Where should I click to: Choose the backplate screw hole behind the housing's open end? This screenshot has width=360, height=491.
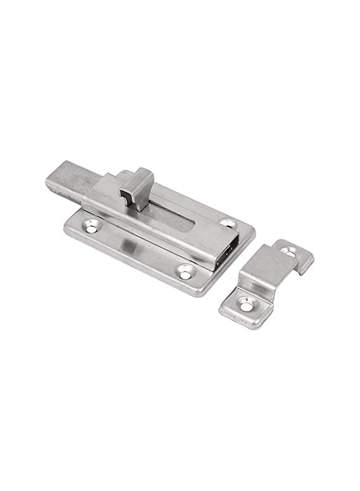(227, 223)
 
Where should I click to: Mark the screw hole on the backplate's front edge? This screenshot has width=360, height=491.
(185, 271)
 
